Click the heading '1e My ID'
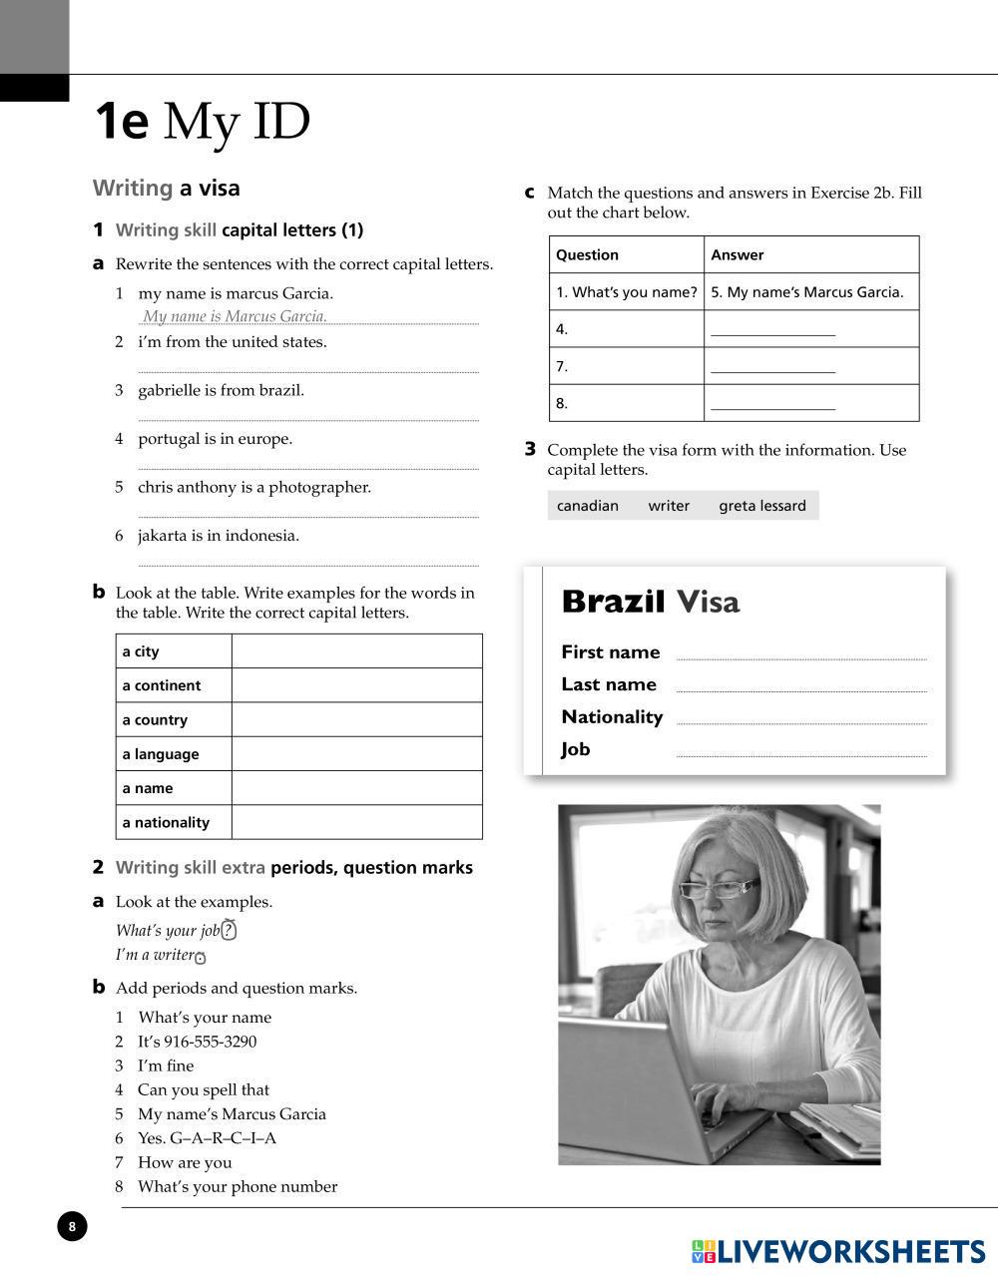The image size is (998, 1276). (x=202, y=122)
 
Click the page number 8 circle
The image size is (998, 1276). (x=72, y=1226)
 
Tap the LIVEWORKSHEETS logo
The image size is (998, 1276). (x=837, y=1252)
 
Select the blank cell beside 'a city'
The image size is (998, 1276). (x=356, y=651)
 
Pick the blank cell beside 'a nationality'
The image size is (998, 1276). (x=356, y=822)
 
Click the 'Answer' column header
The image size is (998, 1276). (x=738, y=254)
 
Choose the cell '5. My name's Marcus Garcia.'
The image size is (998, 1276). (x=807, y=292)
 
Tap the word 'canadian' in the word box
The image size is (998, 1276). (x=588, y=506)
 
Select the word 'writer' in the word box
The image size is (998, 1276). (x=669, y=506)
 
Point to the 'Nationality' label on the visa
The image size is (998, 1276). (x=612, y=717)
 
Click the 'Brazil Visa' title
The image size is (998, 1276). (x=651, y=602)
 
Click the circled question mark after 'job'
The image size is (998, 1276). (x=229, y=931)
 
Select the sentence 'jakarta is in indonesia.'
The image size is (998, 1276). (x=219, y=536)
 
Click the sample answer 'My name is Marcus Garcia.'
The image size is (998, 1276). (x=235, y=316)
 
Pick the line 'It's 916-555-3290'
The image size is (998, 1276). (x=197, y=1042)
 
